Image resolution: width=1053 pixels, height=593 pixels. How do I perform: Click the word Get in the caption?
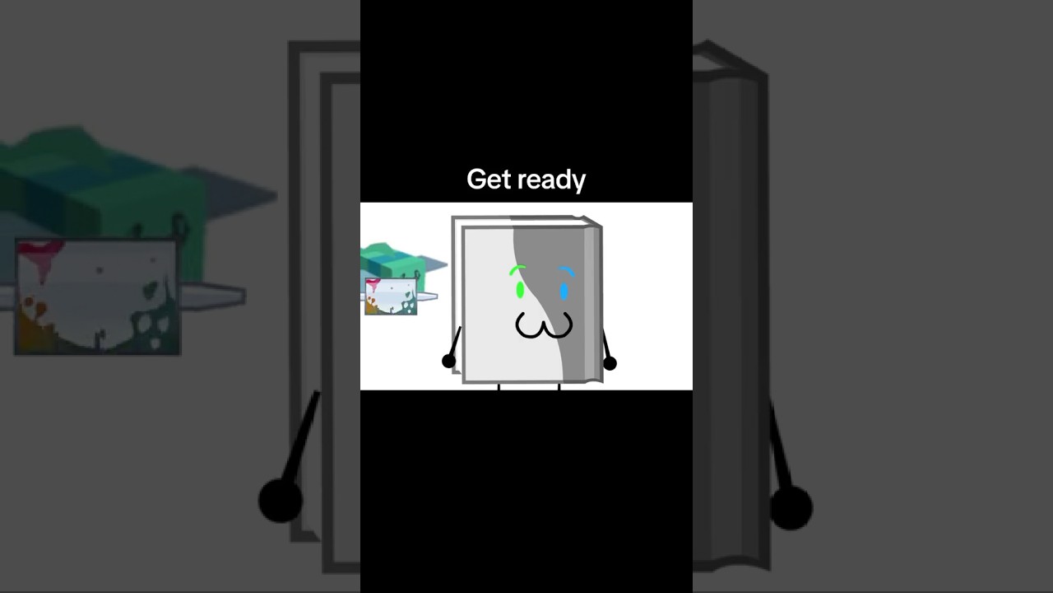(488, 179)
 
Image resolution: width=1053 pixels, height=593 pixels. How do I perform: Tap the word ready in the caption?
(551, 180)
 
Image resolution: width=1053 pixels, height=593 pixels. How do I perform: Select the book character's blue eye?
(564, 292)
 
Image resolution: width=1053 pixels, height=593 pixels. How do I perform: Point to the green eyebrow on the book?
(517, 269)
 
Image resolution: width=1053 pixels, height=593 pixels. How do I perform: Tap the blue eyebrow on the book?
(567, 271)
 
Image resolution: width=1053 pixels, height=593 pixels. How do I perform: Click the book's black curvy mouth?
(544, 326)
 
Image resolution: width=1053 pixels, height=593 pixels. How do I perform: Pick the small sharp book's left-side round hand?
(449, 362)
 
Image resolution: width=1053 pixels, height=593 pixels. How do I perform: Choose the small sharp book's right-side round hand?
(610, 363)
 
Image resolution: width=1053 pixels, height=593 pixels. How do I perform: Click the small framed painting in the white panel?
(391, 296)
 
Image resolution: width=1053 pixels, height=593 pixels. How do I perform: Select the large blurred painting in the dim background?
(98, 297)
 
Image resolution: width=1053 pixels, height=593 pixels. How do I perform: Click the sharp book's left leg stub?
(499, 387)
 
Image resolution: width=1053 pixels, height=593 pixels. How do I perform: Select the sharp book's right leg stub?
(559, 387)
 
